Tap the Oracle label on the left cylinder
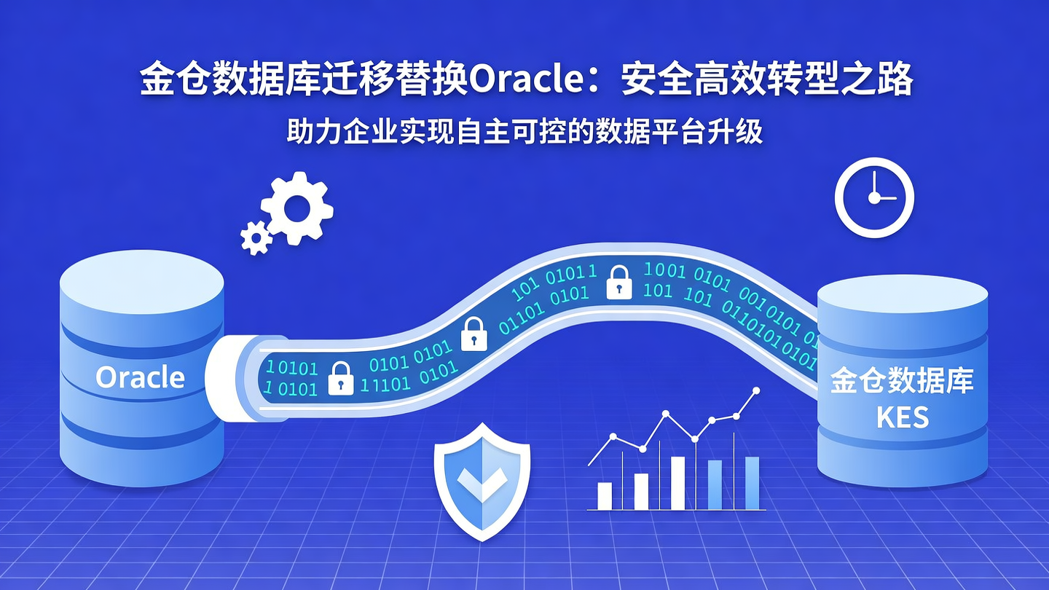tap(141, 377)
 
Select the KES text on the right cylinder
tap(903, 417)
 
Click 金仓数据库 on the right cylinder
tap(903, 382)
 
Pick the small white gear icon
tap(256, 237)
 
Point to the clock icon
tap(873, 197)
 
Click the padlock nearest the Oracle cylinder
tap(340, 378)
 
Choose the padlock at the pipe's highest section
tap(618, 282)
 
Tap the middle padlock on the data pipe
tap(474, 334)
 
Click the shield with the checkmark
tap(482, 481)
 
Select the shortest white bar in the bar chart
tap(605, 495)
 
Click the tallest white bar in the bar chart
tap(677, 483)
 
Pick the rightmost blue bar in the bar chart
tap(752, 483)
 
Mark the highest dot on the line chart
tap(755, 391)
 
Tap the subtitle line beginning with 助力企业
tap(524, 133)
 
